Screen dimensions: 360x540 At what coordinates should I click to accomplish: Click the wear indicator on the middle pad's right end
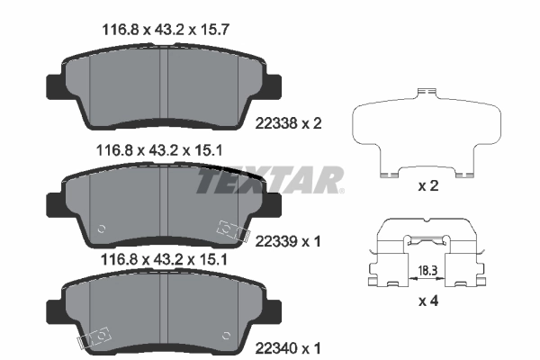point(231,232)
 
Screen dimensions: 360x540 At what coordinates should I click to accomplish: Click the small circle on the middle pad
point(101,227)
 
